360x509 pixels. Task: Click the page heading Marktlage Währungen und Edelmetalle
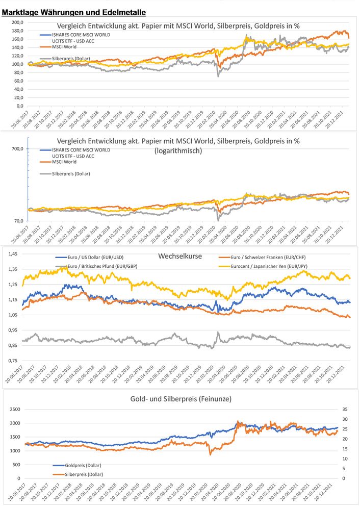74,12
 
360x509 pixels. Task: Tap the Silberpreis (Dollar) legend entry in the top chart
71,59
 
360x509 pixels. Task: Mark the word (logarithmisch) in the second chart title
182,151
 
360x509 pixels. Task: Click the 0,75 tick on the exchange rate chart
13,361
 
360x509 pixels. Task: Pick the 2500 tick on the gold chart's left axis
16,409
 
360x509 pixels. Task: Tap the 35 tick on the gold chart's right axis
345,409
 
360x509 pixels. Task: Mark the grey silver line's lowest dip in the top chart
219,76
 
